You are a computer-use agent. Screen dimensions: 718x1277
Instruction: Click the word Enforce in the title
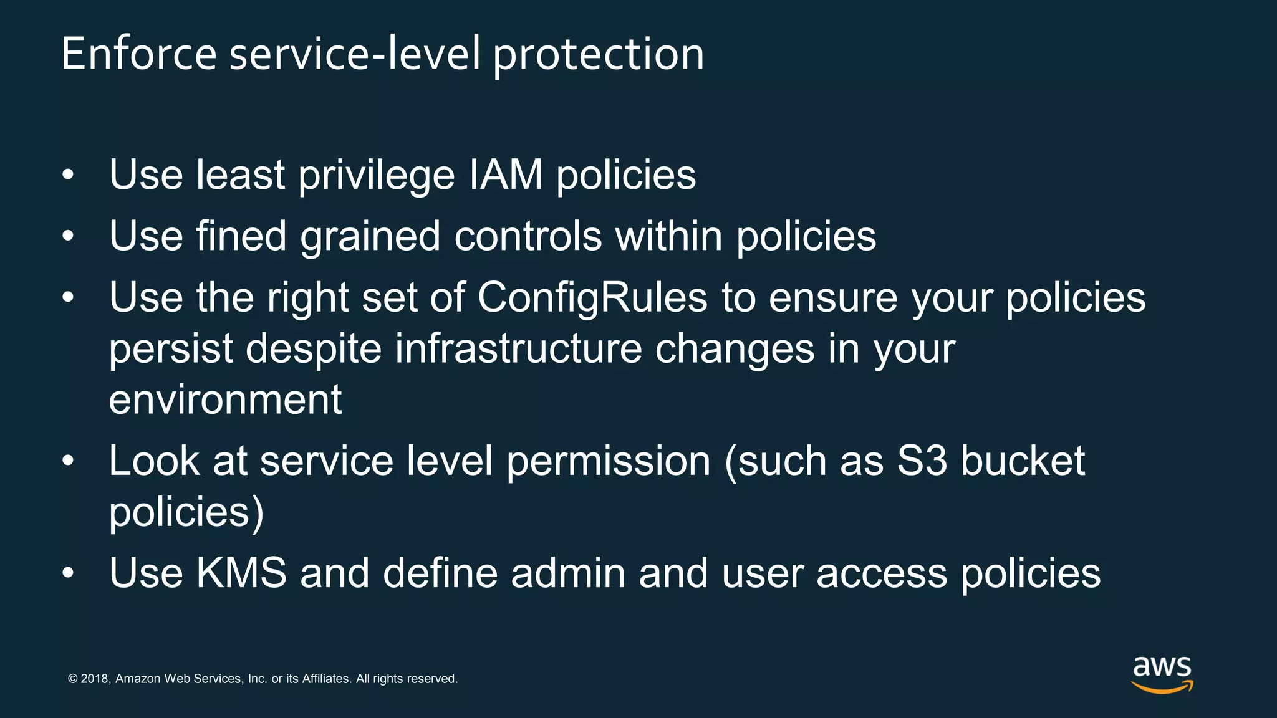coord(138,54)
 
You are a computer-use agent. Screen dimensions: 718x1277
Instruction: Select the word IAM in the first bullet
coord(506,175)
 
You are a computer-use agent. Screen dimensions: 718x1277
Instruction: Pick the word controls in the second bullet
coord(528,236)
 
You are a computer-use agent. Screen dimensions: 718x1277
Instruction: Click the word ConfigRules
coord(592,299)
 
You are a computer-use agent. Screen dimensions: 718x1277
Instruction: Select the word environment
coord(225,400)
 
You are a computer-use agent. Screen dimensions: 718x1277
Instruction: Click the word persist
coord(171,349)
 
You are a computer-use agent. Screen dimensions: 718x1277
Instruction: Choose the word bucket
coord(1023,461)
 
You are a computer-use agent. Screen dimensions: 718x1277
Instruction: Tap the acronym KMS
coord(241,573)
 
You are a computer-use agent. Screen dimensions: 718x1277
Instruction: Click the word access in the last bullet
coord(882,574)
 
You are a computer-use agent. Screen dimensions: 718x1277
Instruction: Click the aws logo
coord(1162,674)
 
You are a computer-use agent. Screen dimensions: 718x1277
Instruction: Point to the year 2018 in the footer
coord(95,679)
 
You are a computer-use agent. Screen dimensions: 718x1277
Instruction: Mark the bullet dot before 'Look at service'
coord(69,462)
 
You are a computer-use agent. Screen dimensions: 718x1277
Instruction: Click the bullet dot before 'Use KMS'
coord(69,573)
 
